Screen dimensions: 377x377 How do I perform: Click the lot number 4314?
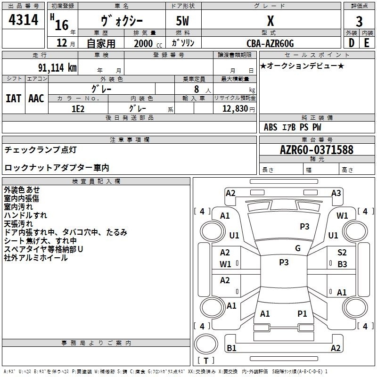click(x=23, y=20)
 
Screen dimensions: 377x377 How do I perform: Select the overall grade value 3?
click(x=359, y=22)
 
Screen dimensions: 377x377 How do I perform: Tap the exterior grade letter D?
click(x=352, y=43)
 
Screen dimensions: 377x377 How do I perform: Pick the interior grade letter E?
click(x=367, y=43)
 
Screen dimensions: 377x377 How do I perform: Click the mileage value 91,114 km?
click(x=57, y=68)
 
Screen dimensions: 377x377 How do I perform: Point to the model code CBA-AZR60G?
click(x=270, y=43)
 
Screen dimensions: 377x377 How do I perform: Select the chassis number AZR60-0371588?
click(x=317, y=150)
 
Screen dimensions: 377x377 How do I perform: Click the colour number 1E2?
click(x=78, y=109)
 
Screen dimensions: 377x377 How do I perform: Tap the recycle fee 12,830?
click(x=235, y=109)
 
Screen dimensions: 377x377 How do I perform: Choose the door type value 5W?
click(x=182, y=21)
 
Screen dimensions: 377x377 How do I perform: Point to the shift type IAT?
click(x=14, y=98)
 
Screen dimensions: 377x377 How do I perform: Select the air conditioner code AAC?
click(x=36, y=98)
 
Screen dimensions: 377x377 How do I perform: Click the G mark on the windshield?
click(x=298, y=248)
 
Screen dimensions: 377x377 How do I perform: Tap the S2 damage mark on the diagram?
click(x=342, y=253)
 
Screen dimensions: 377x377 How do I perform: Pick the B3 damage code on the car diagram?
click(x=342, y=264)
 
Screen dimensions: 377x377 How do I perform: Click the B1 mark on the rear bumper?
click(x=231, y=348)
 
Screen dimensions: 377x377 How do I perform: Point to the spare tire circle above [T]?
click(x=206, y=344)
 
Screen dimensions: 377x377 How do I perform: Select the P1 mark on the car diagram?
click(x=302, y=314)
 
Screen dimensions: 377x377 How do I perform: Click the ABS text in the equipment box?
click(x=270, y=127)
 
